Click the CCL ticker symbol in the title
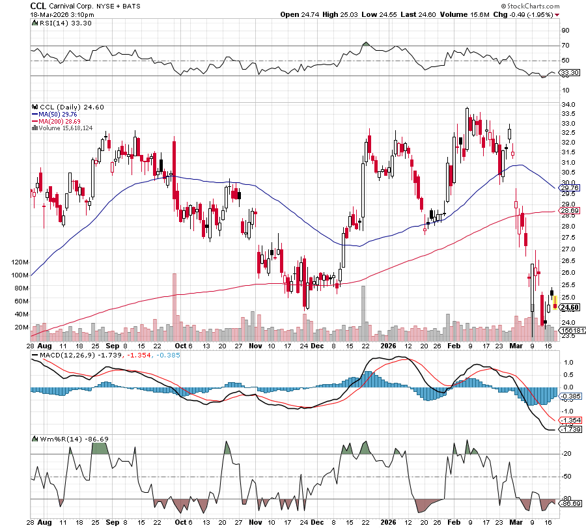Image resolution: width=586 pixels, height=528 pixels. (39, 5)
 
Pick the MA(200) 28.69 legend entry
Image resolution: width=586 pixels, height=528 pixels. (60, 121)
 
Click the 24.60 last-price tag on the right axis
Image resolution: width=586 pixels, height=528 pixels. (568, 307)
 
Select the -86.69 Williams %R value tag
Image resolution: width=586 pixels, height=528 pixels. (569, 504)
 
